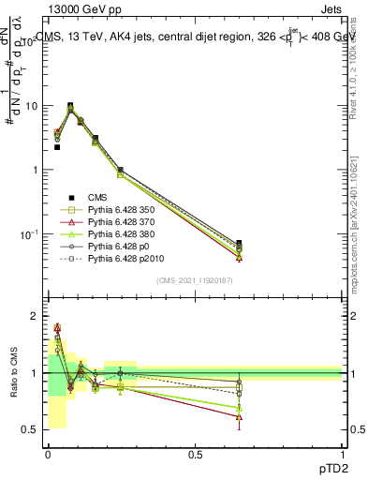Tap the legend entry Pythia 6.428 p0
coord(116,256)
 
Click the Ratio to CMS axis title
coord(12,373)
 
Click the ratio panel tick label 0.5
coord(31,430)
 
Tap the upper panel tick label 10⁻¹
coord(29,233)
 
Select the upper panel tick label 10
coord(31,106)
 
